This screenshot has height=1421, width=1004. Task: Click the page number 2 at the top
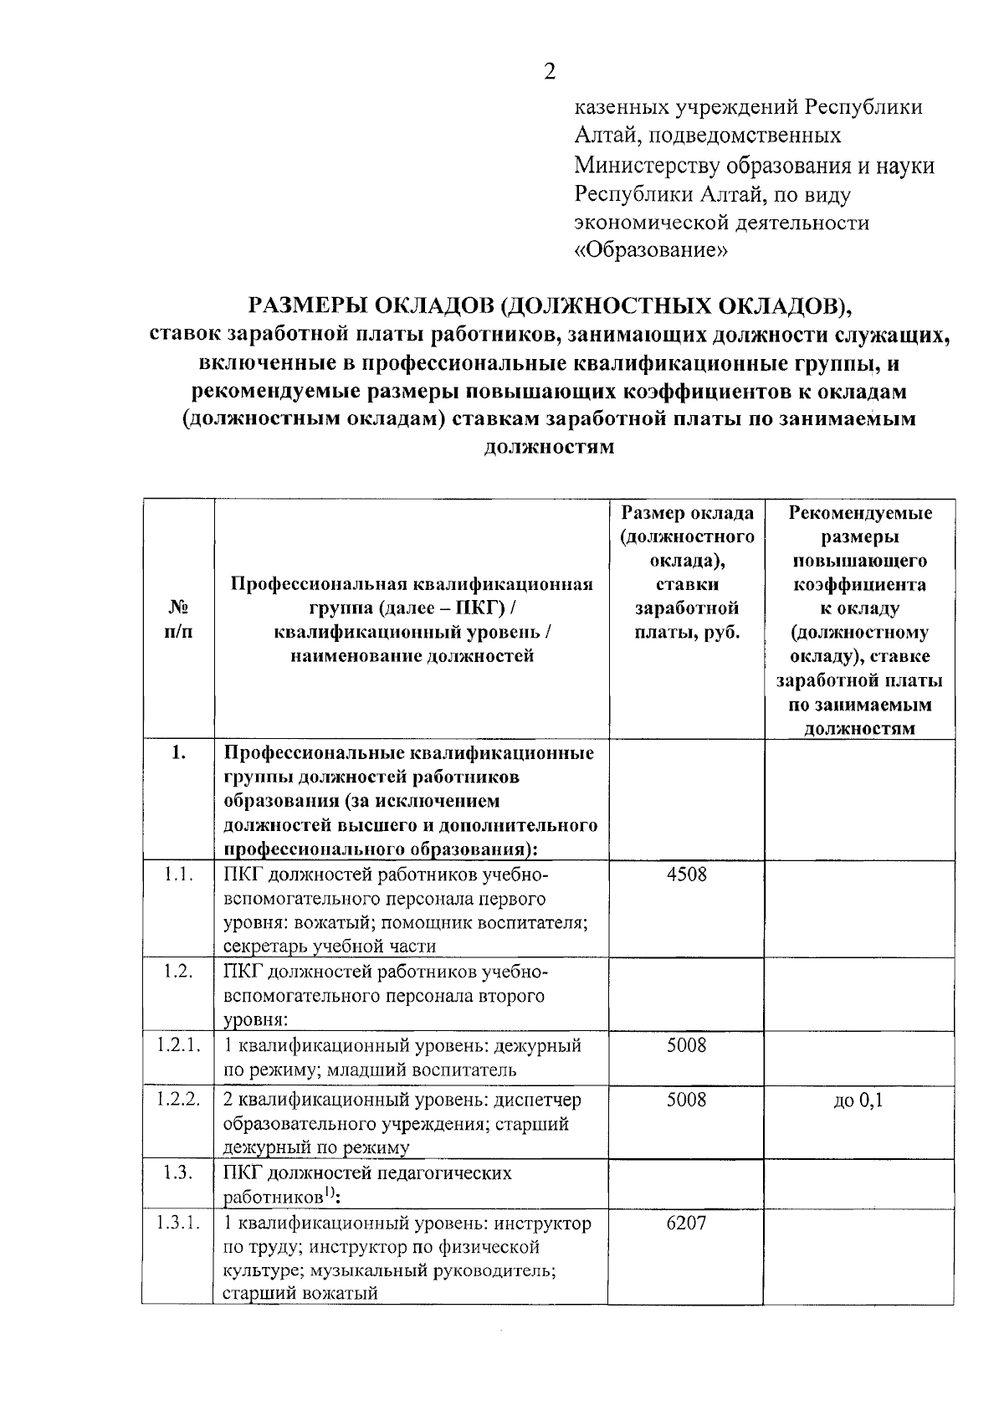[550, 71]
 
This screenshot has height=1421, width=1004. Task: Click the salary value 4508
[686, 875]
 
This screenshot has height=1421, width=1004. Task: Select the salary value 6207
[686, 1223]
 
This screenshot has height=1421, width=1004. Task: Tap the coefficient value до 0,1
[858, 1100]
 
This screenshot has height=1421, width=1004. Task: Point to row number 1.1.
[178, 875]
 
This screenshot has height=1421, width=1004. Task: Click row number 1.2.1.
[178, 1044]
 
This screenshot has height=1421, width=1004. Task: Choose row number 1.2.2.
[178, 1100]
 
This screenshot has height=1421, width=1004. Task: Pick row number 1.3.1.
[178, 1223]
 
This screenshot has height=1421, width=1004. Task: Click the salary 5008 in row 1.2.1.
[686, 1044]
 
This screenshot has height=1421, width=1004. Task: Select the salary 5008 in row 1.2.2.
[686, 1100]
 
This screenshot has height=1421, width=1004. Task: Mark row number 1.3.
[178, 1172]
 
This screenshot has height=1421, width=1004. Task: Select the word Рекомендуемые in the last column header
[860, 512]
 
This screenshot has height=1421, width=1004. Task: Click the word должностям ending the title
[549, 446]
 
